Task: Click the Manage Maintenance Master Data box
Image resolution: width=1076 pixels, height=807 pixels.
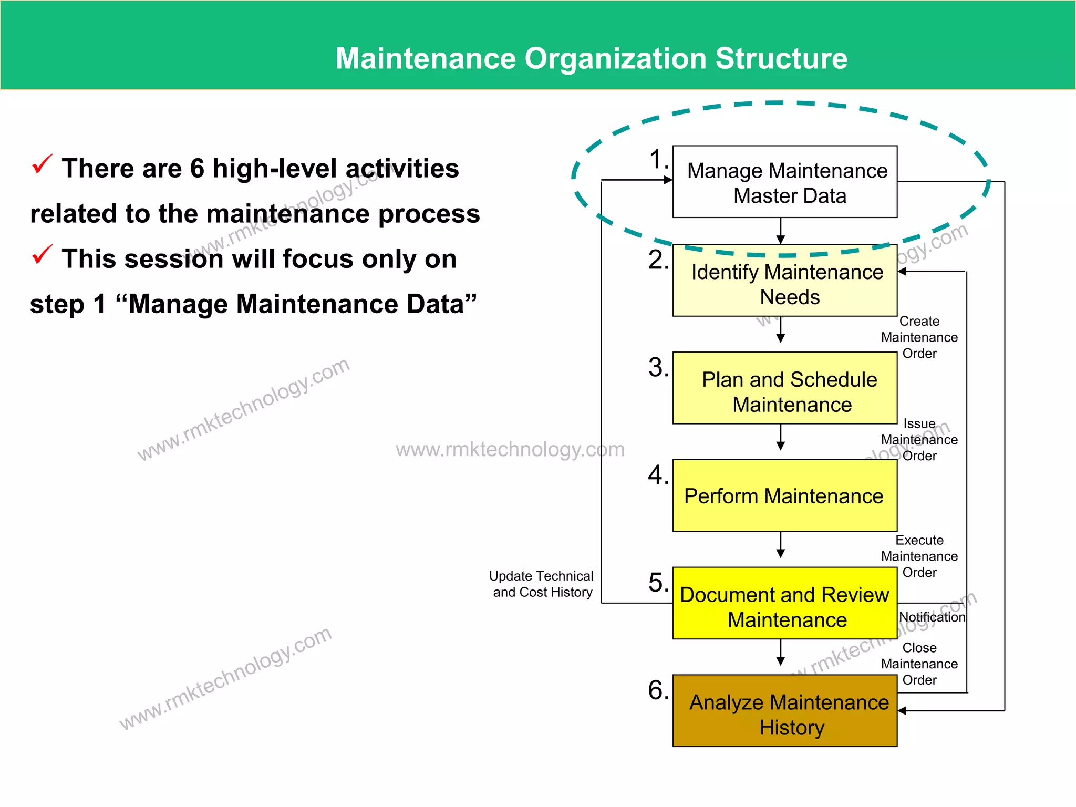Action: pos(784,182)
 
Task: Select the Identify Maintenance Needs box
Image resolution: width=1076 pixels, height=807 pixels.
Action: pos(784,281)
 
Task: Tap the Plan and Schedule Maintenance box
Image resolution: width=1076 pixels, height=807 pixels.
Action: pos(784,388)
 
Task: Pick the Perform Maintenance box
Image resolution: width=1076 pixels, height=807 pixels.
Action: pos(784,495)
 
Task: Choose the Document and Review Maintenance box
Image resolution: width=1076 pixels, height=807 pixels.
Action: pos(784,603)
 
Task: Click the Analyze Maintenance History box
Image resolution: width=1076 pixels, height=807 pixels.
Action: pos(784,711)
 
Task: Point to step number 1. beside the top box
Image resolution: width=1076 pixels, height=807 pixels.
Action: pos(658,159)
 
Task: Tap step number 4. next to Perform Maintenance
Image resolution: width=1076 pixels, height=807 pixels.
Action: pos(658,475)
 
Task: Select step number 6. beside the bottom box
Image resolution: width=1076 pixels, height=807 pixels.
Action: pos(658,690)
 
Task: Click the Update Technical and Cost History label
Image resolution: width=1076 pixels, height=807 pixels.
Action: pos(542,584)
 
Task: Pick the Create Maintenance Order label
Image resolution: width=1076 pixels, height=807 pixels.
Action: pos(919,337)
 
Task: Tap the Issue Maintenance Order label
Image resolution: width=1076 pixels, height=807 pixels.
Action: pos(919,440)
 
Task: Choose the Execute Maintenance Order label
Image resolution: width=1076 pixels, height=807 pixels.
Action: pos(919,556)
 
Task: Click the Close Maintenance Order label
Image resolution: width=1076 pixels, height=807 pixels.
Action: pos(919,664)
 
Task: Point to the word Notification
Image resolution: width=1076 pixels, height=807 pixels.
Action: pos(932,617)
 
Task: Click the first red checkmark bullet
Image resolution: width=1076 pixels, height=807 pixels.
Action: pos(42,164)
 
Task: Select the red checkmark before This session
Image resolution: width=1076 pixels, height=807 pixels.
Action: pos(42,255)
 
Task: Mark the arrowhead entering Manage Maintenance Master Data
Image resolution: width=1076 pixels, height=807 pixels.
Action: pos(668,180)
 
